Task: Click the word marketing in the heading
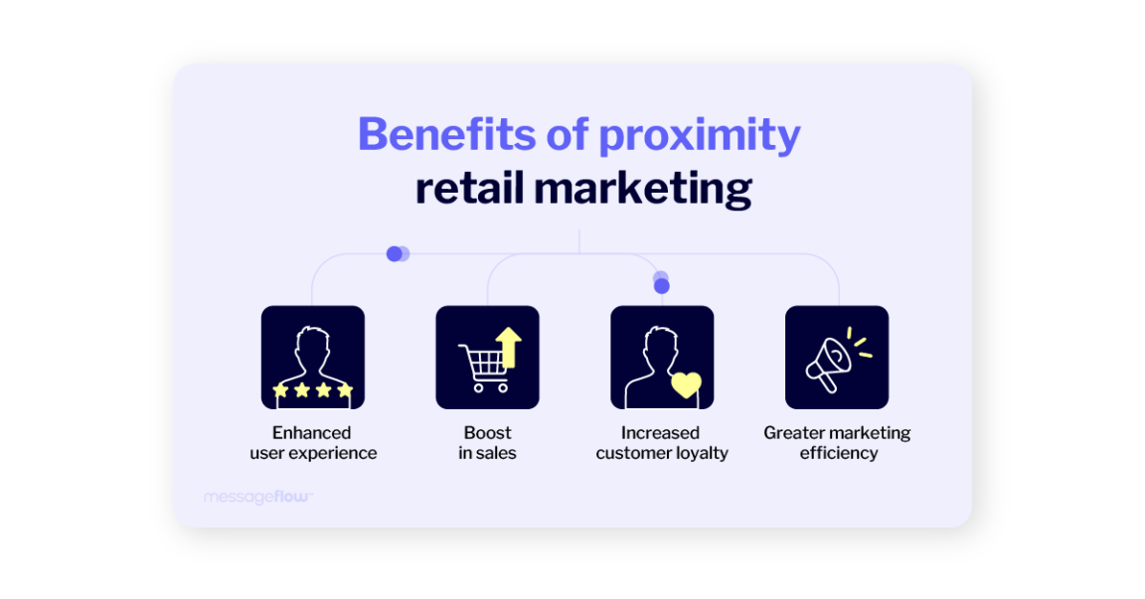click(x=647, y=189)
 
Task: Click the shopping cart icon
click(x=482, y=366)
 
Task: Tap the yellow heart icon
click(x=686, y=384)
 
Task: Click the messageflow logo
click(x=257, y=497)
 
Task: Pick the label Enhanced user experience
click(x=313, y=443)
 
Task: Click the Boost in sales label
click(x=487, y=443)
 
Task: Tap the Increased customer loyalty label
click(x=662, y=443)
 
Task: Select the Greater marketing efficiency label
click(x=837, y=443)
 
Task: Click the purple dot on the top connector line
click(x=396, y=253)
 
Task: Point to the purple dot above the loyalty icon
click(x=662, y=285)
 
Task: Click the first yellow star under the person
click(x=280, y=390)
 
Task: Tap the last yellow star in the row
click(x=345, y=390)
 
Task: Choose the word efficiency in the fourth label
click(x=839, y=454)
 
